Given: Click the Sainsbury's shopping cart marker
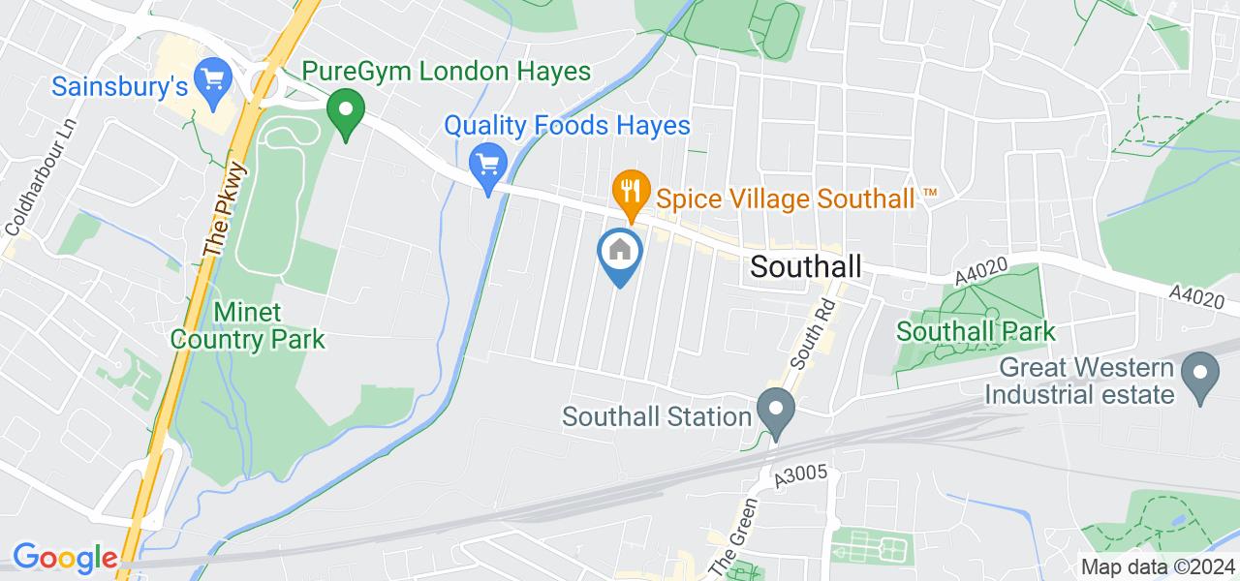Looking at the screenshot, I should (x=210, y=76).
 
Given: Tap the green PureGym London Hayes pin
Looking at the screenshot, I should (x=343, y=113).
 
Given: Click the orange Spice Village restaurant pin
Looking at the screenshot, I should (x=631, y=191).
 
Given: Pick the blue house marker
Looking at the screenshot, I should (x=621, y=253).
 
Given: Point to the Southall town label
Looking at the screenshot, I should (x=806, y=266).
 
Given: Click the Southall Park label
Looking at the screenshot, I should (x=976, y=331).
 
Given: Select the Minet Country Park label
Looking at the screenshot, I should (x=269, y=326).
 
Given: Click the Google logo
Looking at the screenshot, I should (x=64, y=558).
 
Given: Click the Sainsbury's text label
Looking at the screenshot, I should (x=118, y=87).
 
